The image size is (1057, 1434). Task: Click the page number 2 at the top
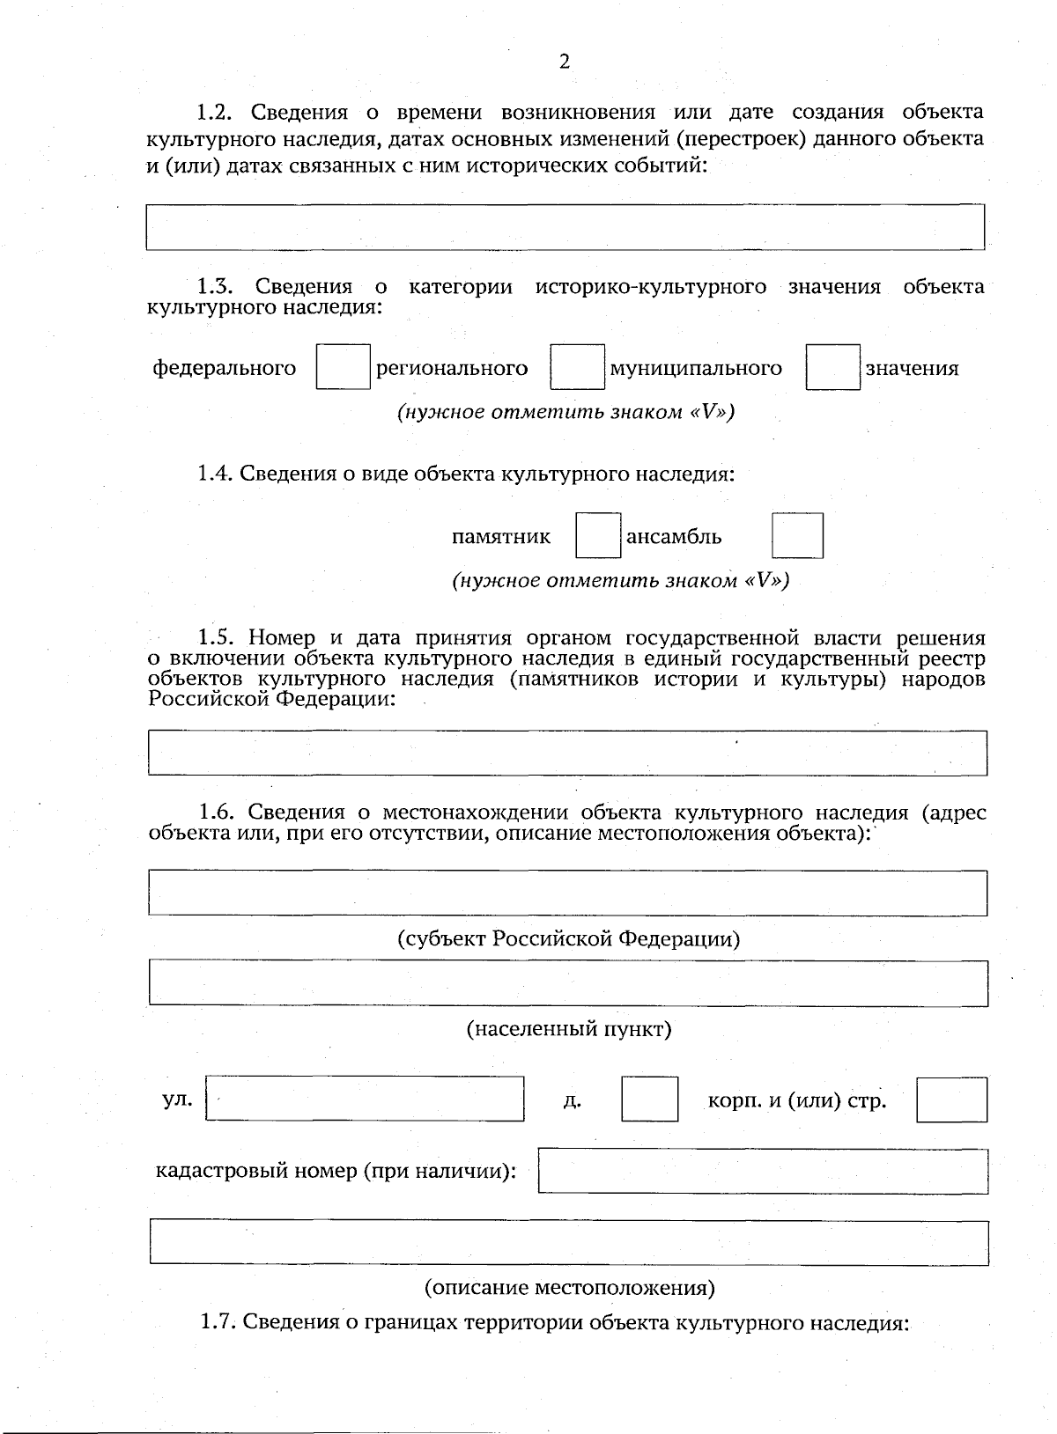click(565, 61)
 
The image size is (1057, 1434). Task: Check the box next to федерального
click(343, 367)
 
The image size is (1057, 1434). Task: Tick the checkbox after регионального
click(577, 367)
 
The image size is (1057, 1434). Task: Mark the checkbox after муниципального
click(832, 367)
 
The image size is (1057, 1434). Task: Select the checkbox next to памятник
click(598, 535)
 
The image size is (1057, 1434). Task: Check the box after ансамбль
click(797, 535)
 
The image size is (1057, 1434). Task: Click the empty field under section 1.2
click(565, 227)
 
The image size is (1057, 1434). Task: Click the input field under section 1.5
click(566, 752)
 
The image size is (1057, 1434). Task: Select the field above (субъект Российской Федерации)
click(566, 893)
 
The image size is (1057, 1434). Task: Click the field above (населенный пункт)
click(566, 982)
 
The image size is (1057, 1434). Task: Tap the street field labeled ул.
click(365, 1098)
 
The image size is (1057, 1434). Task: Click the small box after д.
click(649, 1099)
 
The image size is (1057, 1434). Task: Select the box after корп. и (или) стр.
click(951, 1099)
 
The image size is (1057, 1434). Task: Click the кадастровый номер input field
click(762, 1171)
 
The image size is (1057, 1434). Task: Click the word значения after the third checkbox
click(912, 368)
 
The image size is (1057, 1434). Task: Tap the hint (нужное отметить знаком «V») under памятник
click(620, 580)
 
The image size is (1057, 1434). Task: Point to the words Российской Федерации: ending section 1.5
click(272, 699)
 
